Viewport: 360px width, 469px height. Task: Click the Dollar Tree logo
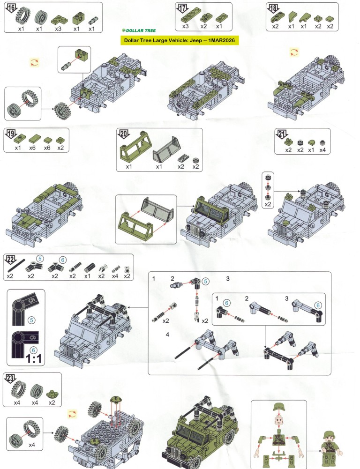click(x=139, y=30)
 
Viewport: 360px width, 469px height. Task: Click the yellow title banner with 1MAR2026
click(x=180, y=40)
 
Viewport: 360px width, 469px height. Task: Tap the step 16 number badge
click(x=11, y=7)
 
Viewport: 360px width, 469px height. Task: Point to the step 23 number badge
click(x=10, y=379)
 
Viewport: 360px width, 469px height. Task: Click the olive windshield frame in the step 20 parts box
click(x=132, y=149)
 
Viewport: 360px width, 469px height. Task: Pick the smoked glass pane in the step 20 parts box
click(x=167, y=149)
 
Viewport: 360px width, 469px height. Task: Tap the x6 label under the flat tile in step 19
click(x=32, y=148)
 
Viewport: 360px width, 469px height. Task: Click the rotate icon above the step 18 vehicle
click(x=294, y=52)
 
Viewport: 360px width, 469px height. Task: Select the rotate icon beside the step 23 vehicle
click(x=72, y=414)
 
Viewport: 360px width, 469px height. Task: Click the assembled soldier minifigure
click(x=331, y=450)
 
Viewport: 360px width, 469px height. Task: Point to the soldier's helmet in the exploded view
click(x=279, y=407)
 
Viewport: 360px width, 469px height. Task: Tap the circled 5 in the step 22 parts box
click(x=39, y=259)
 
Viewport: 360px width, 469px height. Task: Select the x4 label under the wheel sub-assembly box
click(x=32, y=445)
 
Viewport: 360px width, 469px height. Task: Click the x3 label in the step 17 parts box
click(x=185, y=26)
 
